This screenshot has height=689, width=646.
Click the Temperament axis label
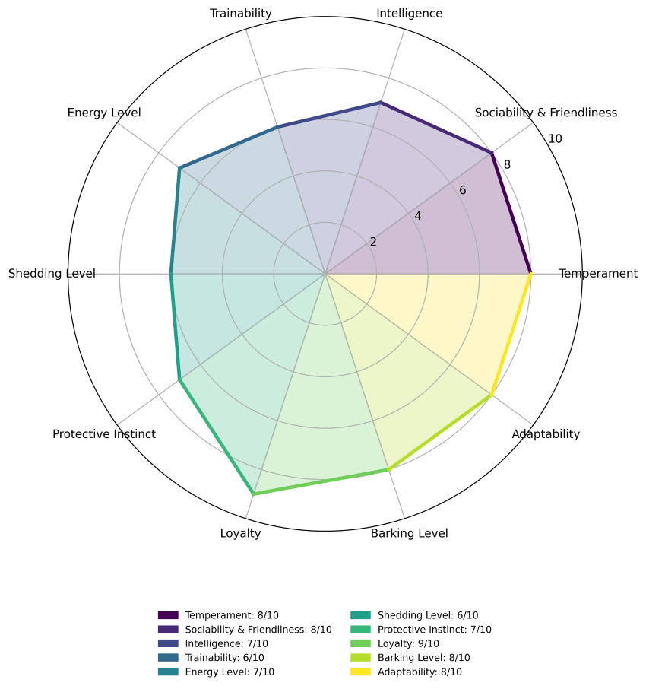pos(597,274)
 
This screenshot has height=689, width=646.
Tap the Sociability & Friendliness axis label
pos(546,113)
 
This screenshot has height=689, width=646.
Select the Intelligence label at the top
pos(410,14)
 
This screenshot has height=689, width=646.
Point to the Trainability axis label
pos(241,14)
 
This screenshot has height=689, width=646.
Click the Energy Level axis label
pos(104,113)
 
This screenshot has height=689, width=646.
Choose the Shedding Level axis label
pos(52,274)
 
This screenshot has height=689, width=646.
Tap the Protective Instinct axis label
pos(104,434)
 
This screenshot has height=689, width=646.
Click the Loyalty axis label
pos(241,533)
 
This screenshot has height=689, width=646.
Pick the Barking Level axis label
pos(410,533)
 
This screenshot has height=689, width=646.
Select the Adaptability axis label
pos(546,434)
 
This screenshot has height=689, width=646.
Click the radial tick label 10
pos(555,139)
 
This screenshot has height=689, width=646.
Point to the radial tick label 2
pos(373,242)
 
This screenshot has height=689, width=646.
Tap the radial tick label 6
pos(462,190)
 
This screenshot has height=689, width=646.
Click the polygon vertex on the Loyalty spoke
pos(253,494)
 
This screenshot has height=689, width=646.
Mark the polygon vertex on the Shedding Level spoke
pos(171,274)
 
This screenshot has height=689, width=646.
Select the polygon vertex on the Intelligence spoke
pos(381,103)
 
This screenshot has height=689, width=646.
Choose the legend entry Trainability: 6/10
pos(211,658)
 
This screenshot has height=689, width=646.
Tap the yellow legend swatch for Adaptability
pos(361,672)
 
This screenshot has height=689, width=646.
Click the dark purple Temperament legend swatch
pos(168,615)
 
